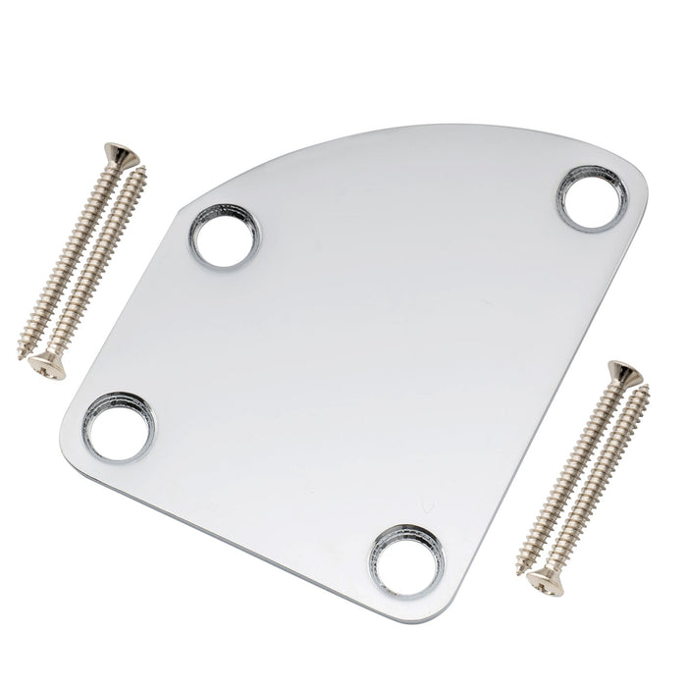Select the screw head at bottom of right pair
(x=540, y=582)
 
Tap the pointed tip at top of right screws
(x=647, y=390)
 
